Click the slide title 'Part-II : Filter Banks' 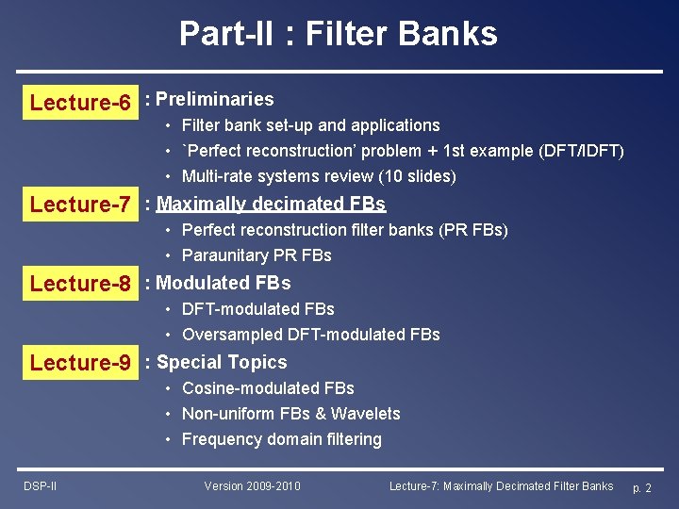click(339, 34)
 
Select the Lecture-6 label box click(80, 102)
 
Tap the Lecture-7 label click(80, 204)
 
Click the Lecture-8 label click(80, 283)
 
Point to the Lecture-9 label click(80, 362)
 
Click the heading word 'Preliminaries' click(214, 99)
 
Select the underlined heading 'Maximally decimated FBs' click(271, 204)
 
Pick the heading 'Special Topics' click(222, 362)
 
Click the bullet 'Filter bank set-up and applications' click(310, 125)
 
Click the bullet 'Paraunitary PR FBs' click(257, 255)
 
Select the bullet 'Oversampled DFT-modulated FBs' click(310, 335)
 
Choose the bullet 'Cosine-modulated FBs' click(268, 388)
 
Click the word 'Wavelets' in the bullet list click(368, 414)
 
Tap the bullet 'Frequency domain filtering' click(281, 439)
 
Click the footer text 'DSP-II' click(40, 486)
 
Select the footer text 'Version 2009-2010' click(252, 486)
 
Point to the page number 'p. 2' click(641, 487)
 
